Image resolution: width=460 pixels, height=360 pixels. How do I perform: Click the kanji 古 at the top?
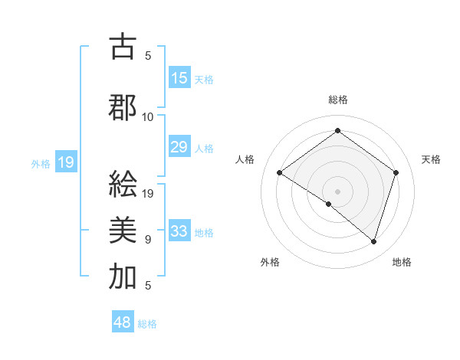(x=123, y=48)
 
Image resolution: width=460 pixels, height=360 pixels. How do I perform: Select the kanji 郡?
(x=123, y=108)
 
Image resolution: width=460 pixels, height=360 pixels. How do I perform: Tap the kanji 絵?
(x=123, y=184)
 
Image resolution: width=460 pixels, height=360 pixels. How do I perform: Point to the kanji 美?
(x=123, y=229)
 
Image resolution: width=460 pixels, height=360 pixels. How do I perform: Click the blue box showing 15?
(x=179, y=78)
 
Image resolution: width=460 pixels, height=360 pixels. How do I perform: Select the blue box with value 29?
(x=179, y=147)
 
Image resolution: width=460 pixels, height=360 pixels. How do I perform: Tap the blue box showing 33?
(x=179, y=231)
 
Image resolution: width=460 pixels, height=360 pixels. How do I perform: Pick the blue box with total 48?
(x=123, y=322)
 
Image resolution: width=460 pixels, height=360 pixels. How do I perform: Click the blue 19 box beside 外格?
(x=66, y=162)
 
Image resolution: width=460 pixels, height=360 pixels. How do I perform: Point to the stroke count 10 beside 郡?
(x=148, y=117)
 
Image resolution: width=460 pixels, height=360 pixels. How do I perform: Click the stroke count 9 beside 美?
(x=148, y=240)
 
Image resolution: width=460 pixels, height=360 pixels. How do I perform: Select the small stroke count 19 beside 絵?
(x=149, y=193)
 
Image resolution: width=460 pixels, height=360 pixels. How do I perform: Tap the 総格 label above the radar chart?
(x=337, y=100)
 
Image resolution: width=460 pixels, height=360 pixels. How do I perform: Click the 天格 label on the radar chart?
(x=432, y=159)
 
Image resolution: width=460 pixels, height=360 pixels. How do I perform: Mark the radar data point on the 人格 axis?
(x=280, y=173)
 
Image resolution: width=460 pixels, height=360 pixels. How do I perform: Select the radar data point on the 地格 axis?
(x=373, y=241)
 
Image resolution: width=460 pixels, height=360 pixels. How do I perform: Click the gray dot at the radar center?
(x=337, y=191)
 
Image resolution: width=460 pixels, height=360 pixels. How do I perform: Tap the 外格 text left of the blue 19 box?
(x=41, y=163)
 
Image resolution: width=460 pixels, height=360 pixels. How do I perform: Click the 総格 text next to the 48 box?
(x=148, y=324)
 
